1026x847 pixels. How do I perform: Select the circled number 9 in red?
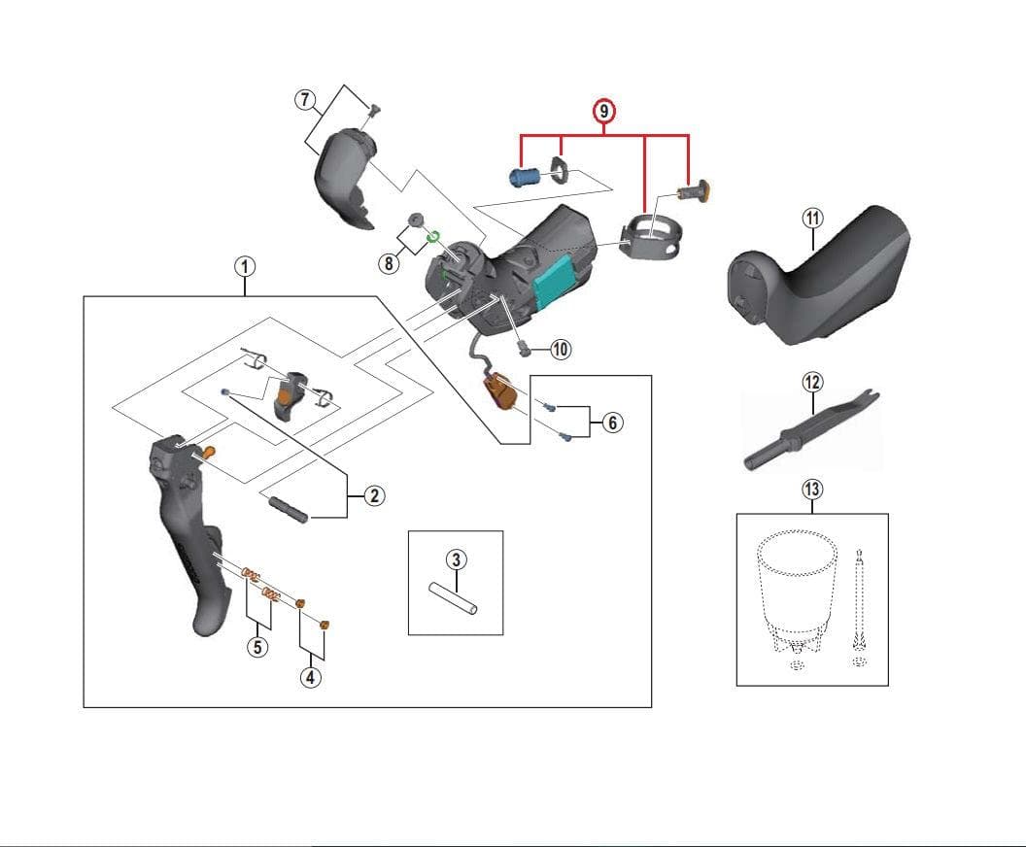(604, 112)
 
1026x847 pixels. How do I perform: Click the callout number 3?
(457, 559)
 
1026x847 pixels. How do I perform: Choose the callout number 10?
(561, 350)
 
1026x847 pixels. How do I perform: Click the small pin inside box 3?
(456, 598)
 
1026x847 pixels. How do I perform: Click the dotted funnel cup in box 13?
(797, 583)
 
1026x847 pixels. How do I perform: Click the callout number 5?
(256, 646)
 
